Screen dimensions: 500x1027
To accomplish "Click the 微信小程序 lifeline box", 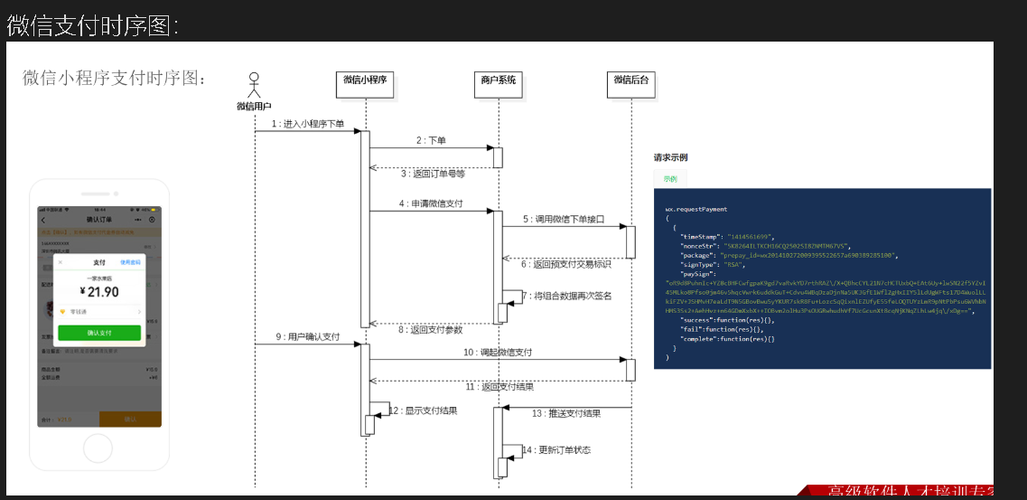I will coord(366,80).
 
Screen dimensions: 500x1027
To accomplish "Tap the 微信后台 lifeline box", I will coord(631,80).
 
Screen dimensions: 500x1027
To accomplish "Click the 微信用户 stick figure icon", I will coord(255,85).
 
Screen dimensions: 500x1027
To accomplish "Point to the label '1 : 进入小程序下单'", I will coord(308,124).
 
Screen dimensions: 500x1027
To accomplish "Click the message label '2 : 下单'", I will coord(431,140).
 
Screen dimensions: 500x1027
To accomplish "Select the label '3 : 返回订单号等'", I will coord(433,173).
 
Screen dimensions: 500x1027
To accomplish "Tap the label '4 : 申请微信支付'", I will coord(430,203).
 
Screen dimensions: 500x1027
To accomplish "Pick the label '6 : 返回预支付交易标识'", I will coord(565,264).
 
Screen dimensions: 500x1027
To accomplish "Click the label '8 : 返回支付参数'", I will coord(432,329).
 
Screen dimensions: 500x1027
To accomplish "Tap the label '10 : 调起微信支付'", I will coord(498,352).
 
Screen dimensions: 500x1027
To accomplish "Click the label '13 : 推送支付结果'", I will coord(565,413).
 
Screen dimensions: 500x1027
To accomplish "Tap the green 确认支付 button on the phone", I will coord(99,333).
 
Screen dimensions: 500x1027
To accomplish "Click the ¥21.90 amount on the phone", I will coord(99,291).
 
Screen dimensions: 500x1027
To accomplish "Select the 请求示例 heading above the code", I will coord(670,157).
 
